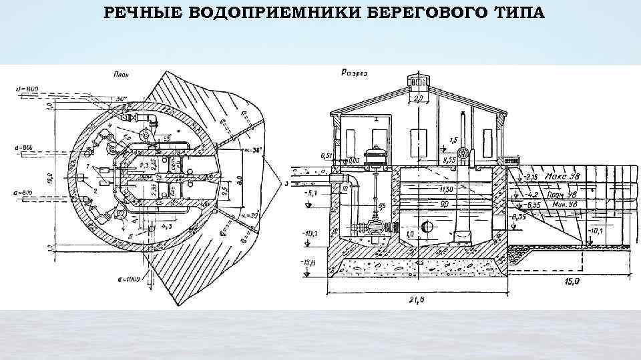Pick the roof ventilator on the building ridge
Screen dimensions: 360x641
click(x=418, y=82)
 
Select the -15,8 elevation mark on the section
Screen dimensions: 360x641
click(x=308, y=263)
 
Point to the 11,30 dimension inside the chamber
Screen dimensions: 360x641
click(x=445, y=189)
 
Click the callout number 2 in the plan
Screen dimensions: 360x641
click(x=96, y=191)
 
